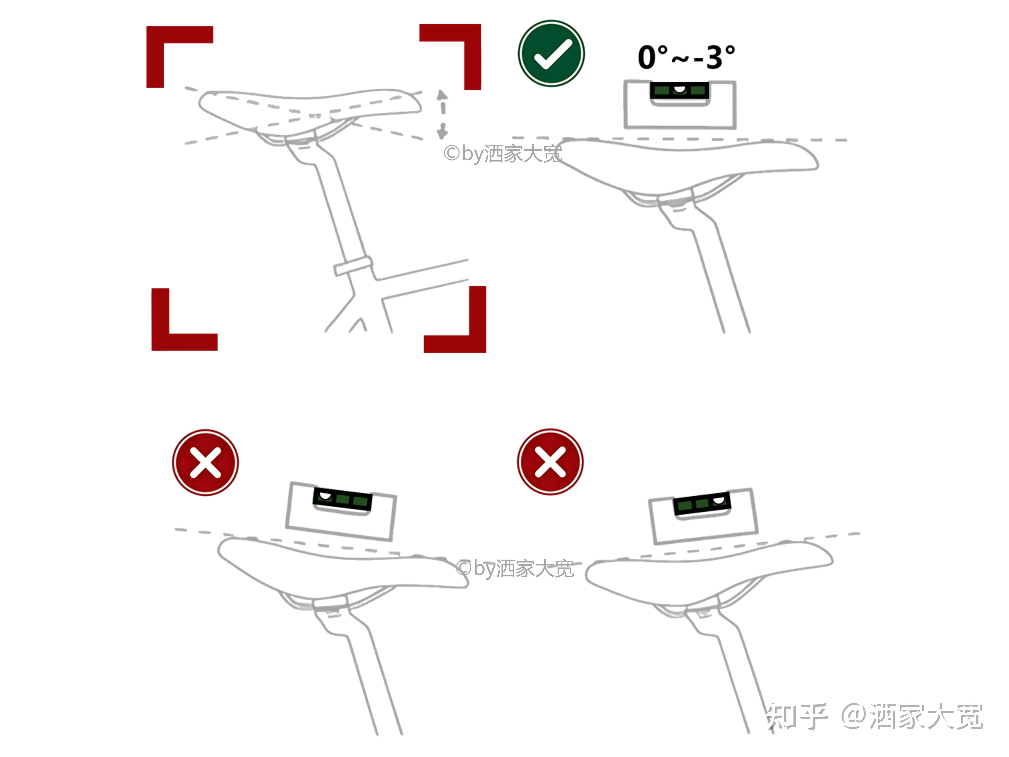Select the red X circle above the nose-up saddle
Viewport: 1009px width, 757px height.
coord(550,462)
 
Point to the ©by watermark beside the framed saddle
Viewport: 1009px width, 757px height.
coord(503,154)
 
